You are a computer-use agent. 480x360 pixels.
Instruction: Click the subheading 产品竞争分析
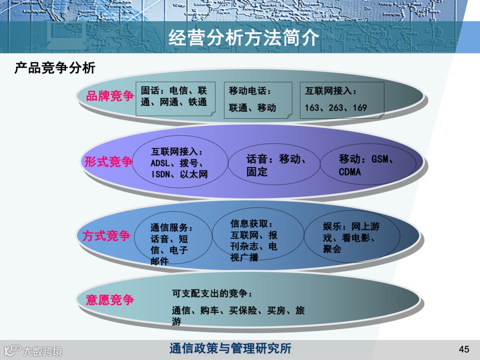[55, 68]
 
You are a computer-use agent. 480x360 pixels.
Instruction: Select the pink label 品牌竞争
[110, 96]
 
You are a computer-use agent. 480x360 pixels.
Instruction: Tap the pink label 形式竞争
[108, 162]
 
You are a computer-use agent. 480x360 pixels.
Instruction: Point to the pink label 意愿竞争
[110, 300]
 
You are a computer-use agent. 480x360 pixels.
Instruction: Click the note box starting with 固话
[175, 98]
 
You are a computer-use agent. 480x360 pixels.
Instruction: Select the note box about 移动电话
[258, 100]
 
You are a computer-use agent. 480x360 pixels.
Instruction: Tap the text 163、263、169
[336, 108]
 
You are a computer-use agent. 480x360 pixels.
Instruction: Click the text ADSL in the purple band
[160, 163]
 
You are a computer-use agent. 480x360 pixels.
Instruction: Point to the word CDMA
[350, 172]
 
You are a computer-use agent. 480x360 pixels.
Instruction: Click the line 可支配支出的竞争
[212, 294]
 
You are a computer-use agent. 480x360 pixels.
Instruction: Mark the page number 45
[464, 348]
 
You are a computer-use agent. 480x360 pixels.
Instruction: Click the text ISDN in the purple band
[161, 174]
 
